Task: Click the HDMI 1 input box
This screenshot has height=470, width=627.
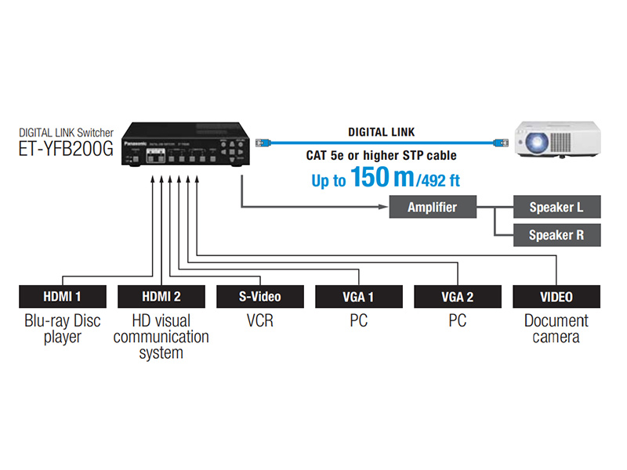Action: [62, 297]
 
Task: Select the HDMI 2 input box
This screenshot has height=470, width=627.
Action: [161, 297]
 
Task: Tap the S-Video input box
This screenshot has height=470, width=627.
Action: [259, 297]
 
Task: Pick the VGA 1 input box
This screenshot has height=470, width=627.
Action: [358, 297]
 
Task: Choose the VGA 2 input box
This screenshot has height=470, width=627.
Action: [457, 297]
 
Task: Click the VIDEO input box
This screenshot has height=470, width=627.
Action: [556, 297]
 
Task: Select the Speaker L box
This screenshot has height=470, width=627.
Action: [556, 208]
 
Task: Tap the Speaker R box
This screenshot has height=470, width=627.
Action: [556, 234]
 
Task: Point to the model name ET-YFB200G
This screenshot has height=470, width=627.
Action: [67, 149]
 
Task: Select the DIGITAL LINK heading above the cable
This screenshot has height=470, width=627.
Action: [382, 132]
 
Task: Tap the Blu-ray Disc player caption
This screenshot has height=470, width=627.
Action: [62, 328]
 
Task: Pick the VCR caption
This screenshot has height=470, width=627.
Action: [259, 320]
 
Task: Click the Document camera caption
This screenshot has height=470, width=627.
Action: [556, 328]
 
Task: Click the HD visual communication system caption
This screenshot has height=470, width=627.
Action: [161, 337]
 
